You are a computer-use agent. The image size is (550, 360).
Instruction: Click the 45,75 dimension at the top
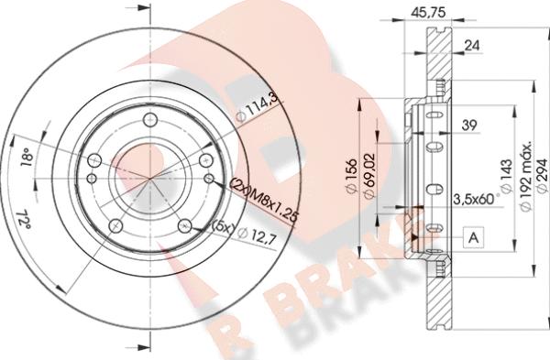[428, 13]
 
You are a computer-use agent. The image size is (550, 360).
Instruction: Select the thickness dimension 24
[471, 45]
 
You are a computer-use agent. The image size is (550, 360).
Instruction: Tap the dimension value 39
[469, 125]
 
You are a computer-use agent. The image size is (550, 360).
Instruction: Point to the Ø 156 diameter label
[351, 176]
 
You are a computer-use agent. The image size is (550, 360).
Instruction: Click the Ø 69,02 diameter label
[369, 176]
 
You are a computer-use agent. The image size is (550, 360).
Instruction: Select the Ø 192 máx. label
[526, 176]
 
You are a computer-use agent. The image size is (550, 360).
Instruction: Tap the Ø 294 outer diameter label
[542, 176]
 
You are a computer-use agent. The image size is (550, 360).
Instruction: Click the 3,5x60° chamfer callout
[476, 199]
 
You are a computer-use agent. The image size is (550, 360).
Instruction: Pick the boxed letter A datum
[474, 237]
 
